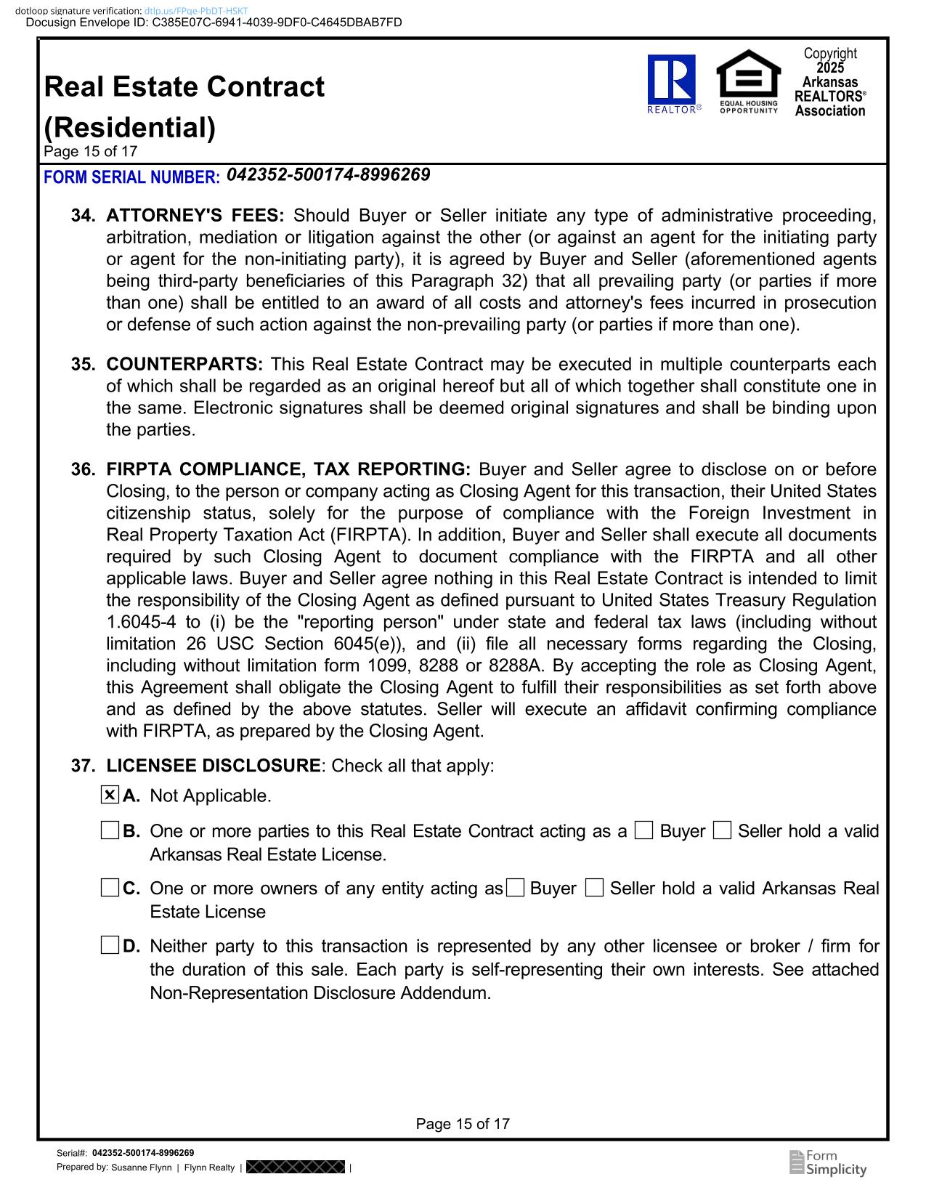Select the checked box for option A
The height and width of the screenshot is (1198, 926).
point(110,795)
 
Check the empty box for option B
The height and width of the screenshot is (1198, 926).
point(110,830)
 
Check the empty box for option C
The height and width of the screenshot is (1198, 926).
point(110,888)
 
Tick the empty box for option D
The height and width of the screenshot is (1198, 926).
point(110,945)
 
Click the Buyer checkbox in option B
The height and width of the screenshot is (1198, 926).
point(643,830)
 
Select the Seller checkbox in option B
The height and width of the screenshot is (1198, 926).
point(722,830)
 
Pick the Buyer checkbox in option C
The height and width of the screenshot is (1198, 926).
point(515,888)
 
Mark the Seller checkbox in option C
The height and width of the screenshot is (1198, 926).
point(594,888)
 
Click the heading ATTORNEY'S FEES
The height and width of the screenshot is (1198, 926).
point(195,216)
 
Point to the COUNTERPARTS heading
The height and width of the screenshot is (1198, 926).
point(184,364)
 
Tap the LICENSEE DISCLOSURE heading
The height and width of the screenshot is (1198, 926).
point(213,766)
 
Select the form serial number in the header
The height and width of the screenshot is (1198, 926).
point(328,175)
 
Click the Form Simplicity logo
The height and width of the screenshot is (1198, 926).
point(828,1162)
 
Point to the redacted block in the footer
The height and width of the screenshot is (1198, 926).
point(296,1167)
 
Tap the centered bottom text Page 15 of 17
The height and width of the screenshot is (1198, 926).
point(463,1124)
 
